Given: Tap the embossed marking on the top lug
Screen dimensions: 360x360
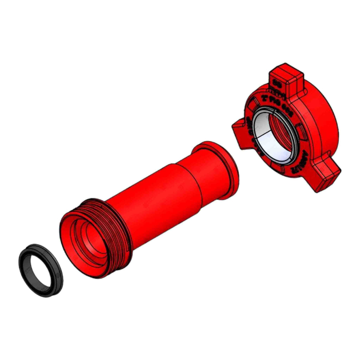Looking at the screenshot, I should point(278,83).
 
